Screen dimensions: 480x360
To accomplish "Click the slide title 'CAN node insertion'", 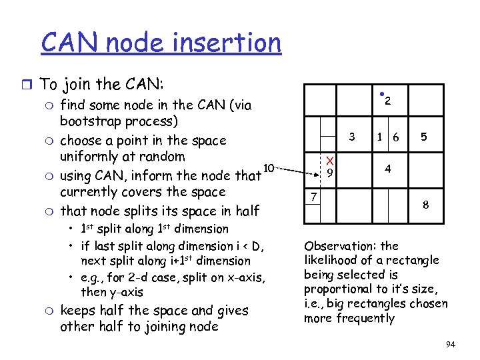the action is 161,43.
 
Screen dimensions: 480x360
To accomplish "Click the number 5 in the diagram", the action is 423,137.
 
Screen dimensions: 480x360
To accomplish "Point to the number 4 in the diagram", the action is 387,169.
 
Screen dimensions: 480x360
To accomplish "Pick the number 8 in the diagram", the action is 425,206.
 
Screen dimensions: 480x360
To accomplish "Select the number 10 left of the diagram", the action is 269,167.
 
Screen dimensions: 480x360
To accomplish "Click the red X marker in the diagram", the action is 329,160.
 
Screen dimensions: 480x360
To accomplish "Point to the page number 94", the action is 450,345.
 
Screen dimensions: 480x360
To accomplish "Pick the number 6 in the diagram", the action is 396,137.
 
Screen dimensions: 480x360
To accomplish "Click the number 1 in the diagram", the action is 379,137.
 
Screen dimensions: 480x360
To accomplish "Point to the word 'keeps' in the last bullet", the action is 79,311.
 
